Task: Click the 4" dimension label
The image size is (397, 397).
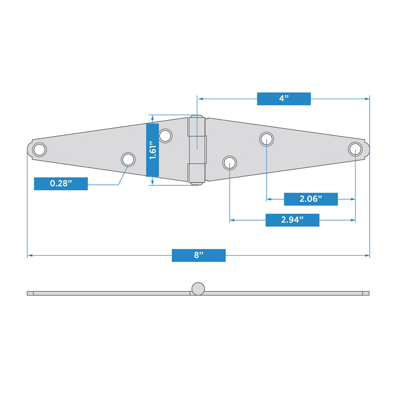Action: pos(284,99)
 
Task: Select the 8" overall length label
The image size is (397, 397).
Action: pos(198,255)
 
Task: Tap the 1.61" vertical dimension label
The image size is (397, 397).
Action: pos(153,150)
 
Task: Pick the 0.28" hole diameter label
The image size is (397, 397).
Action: pos(61,184)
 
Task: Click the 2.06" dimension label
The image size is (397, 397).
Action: pos(311,199)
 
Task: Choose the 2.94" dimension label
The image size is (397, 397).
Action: pos(293,220)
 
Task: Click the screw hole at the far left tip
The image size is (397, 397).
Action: pos(40,149)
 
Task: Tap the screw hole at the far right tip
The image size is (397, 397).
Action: pos(355,149)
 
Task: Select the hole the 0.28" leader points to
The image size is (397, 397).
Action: pos(128,159)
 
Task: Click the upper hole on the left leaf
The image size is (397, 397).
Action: pos(166,136)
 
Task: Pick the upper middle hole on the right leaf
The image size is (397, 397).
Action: pos(267,139)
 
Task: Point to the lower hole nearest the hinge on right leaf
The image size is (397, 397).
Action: pos(230,163)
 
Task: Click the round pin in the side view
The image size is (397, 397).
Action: pos(198,289)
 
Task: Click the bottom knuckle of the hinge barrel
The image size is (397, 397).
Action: pos(196,174)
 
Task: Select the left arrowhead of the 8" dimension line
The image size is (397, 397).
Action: pos(30,255)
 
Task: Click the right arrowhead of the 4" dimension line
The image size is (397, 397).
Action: pos(367,99)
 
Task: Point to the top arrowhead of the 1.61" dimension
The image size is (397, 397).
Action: pos(152,117)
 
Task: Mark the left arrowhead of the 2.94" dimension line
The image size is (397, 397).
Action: pos(232,220)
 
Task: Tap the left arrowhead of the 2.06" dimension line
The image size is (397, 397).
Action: pos(269,199)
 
